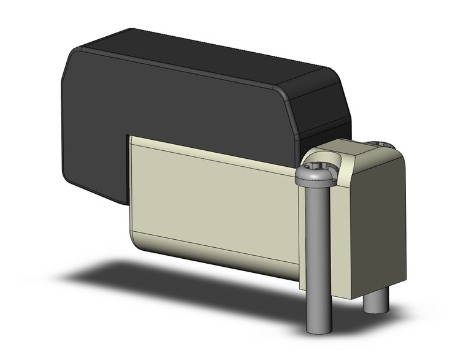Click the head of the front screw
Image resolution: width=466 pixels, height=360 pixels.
click(316, 177)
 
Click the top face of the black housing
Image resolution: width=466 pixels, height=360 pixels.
click(202, 58)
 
